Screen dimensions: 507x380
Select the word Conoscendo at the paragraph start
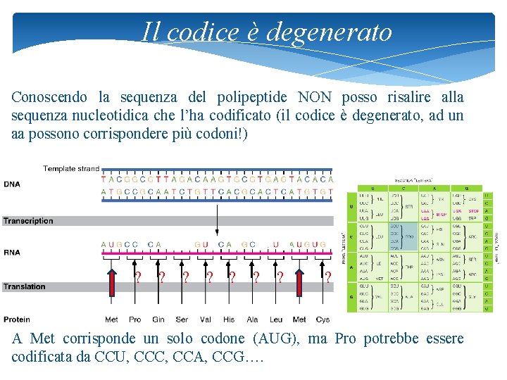[49, 97]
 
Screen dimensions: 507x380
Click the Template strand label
[71, 169]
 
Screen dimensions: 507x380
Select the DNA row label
[12, 184]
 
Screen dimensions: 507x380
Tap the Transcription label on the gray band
[28, 221]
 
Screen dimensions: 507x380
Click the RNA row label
[12, 252]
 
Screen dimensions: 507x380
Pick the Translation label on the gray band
[24, 286]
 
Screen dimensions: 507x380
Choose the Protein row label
[17, 319]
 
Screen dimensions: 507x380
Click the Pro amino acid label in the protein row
[135, 319]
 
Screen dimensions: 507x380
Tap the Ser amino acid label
[182, 319]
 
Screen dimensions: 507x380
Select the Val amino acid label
[206, 319]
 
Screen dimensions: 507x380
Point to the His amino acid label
[229, 319]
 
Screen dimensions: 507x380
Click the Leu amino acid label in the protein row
[276, 319]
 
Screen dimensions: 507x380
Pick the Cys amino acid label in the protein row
[323, 319]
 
